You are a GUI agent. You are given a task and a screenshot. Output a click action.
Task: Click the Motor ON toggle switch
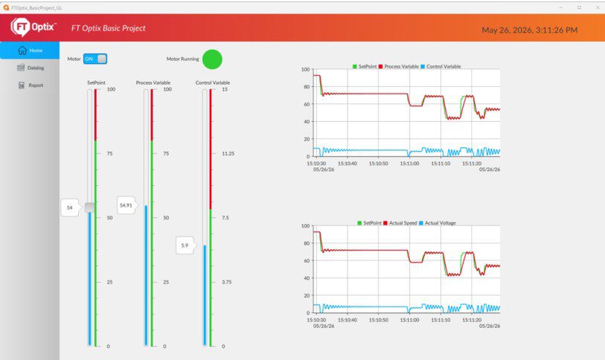point(95,59)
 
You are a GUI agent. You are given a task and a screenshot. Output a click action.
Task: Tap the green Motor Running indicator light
point(212,60)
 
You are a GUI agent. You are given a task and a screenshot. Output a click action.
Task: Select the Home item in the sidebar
point(30,50)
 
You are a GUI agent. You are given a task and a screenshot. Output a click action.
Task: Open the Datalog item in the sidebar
point(31,68)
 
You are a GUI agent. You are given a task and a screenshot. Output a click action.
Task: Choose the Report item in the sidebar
point(31,86)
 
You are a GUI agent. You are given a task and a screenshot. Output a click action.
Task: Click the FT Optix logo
point(33,27)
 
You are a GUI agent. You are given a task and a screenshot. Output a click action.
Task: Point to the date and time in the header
point(529,30)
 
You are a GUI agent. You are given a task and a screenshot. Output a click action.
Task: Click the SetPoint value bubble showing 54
point(69,208)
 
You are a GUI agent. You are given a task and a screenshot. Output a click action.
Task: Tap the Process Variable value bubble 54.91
point(127,205)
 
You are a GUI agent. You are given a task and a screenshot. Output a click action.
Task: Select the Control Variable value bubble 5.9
point(185,245)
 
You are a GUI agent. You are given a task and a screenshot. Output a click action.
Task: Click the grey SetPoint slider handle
point(89,208)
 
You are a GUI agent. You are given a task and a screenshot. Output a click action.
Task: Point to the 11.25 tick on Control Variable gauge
point(228,153)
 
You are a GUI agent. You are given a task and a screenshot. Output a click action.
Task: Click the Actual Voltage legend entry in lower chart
point(437,223)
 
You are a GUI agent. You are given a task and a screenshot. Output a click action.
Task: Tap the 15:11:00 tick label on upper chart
point(409,164)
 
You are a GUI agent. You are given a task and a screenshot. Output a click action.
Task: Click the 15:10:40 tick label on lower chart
point(348,320)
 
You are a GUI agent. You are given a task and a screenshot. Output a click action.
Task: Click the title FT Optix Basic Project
point(109,28)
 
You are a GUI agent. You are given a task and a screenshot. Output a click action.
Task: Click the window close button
point(598,7)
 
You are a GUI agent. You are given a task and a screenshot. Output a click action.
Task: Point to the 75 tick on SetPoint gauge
point(110,153)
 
